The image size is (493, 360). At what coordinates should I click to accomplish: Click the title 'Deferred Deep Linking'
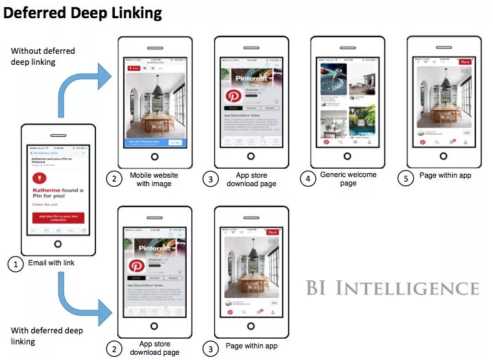(82, 12)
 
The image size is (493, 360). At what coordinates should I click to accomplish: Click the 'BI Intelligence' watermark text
(392, 288)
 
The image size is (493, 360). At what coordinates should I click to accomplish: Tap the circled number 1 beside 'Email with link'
(16, 264)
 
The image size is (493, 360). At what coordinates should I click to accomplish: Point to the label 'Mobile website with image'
(154, 179)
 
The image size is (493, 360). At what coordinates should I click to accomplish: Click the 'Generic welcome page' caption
(348, 179)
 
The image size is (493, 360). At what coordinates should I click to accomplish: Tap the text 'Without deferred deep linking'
(43, 56)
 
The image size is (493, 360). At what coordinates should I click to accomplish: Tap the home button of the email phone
(58, 244)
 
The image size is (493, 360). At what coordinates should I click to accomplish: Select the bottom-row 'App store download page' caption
(154, 348)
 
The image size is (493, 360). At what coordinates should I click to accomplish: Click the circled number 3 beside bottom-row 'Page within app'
(210, 348)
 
